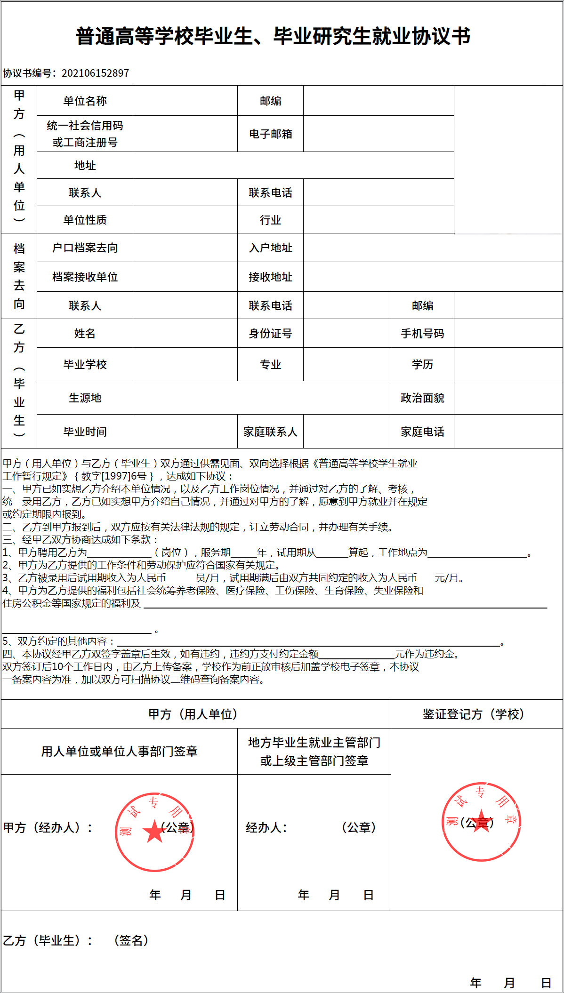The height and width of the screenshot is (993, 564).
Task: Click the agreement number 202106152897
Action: [95, 73]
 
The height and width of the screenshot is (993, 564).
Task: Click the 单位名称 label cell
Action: [85, 101]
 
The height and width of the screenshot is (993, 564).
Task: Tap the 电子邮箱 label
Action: [270, 134]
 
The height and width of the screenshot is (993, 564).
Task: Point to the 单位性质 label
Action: [85, 220]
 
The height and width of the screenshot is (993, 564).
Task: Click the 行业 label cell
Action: [270, 220]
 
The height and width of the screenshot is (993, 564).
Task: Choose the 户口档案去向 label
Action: [85, 248]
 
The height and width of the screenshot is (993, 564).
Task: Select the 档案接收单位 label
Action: [85, 277]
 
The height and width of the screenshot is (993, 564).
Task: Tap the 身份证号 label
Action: [270, 333]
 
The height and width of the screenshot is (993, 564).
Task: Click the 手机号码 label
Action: [422, 333]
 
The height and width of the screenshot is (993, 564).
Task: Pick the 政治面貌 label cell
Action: [422, 398]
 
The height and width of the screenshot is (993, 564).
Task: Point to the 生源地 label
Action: [85, 398]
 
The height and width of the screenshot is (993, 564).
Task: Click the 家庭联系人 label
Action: [270, 432]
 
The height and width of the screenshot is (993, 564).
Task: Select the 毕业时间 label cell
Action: [85, 432]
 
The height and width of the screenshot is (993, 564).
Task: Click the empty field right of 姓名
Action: [185, 333]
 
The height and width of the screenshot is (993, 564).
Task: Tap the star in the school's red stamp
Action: [481, 821]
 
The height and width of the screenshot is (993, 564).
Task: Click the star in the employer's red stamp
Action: [154, 831]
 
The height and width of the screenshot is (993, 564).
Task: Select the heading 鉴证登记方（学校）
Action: [474, 714]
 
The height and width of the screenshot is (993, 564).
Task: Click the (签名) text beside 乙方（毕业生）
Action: [131, 940]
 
